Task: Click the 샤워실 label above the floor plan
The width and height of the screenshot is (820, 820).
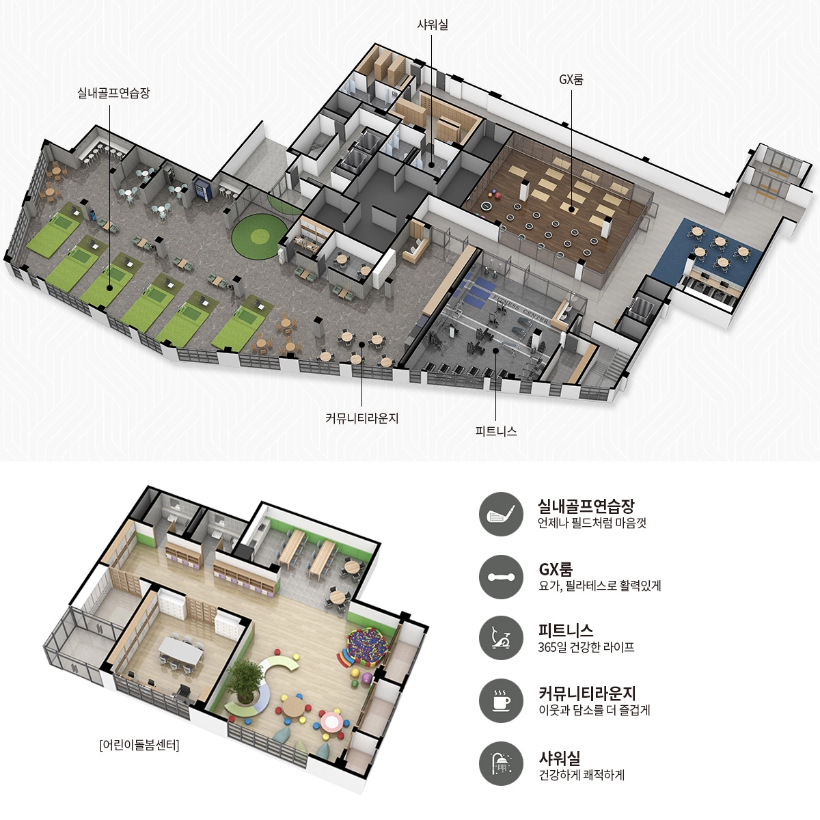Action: click(433, 25)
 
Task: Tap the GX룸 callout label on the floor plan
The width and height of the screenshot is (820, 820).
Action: click(571, 79)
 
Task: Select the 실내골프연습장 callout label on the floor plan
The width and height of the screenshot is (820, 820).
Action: click(113, 93)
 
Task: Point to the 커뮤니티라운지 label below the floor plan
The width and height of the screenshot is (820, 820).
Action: click(361, 418)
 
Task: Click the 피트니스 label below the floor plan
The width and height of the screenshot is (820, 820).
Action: click(495, 431)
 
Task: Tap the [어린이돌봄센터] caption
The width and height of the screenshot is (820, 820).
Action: click(139, 745)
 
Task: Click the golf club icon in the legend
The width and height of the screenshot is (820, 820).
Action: click(501, 514)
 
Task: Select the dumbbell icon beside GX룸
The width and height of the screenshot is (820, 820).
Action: click(501, 577)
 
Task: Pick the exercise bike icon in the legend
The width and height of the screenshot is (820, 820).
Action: click(501, 639)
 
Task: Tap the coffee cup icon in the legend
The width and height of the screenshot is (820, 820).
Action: click(501, 701)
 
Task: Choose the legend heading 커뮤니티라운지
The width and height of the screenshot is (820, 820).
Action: click(587, 693)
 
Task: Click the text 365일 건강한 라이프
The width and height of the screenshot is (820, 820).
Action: click(586, 647)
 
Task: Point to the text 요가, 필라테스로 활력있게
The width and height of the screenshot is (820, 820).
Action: click(599, 586)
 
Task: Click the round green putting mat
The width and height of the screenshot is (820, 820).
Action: click(258, 236)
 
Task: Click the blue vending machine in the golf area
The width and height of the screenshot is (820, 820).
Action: click(200, 191)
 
